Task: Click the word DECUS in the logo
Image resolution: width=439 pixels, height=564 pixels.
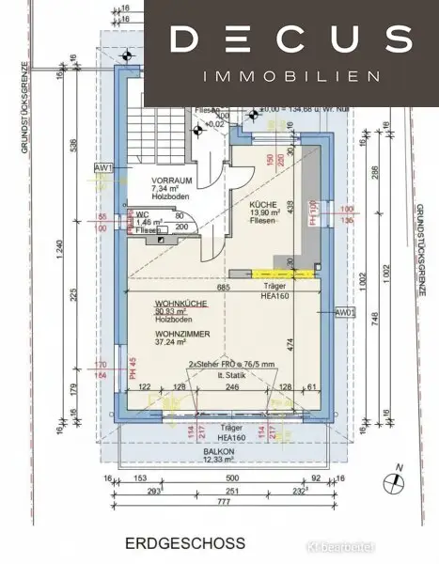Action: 292,39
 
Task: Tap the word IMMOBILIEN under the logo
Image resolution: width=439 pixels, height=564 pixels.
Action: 292,75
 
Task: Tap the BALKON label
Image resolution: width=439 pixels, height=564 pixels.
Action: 221,451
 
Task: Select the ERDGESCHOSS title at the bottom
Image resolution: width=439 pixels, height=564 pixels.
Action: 188,542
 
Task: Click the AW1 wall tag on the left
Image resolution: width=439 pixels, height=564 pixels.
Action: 102,168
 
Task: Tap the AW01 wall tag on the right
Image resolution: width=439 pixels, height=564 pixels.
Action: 345,313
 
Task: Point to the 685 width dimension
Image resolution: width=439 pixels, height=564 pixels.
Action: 224,288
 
